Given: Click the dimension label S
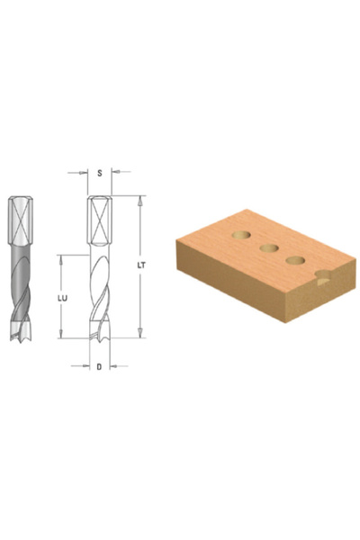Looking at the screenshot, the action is click(100, 173).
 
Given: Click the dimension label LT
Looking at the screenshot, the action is click(141, 265).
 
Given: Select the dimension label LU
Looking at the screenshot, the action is click(62, 298).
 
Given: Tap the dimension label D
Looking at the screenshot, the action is click(99, 367).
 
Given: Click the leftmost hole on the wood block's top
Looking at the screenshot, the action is click(241, 236).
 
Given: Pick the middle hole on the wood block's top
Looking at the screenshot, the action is click(269, 248).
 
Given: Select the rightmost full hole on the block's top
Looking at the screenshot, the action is click(295, 260).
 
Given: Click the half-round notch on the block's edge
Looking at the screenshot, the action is click(323, 277).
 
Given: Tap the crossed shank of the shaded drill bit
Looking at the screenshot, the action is click(21, 220).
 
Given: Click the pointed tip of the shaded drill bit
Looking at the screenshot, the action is click(21, 341).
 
